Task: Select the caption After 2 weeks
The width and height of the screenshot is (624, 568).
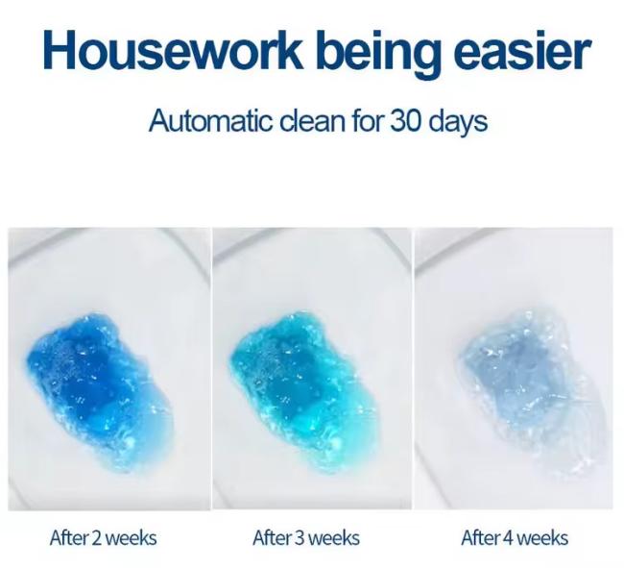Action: click(104, 538)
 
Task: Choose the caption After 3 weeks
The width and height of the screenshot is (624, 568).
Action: click(306, 538)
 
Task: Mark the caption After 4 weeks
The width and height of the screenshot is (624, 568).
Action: click(515, 538)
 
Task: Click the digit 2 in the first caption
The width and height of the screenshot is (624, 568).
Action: click(97, 538)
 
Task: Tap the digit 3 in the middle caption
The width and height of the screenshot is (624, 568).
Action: click(300, 538)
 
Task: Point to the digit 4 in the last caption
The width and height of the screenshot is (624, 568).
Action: click(508, 538)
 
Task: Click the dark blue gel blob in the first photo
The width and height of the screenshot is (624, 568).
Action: click(100, 392)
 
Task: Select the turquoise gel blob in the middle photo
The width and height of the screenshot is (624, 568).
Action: click(302, 392)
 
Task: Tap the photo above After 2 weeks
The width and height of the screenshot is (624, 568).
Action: click(109, 369)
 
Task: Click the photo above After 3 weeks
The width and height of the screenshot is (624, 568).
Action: click(312, 369)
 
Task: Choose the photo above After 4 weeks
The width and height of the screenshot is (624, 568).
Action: click(514, 369)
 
